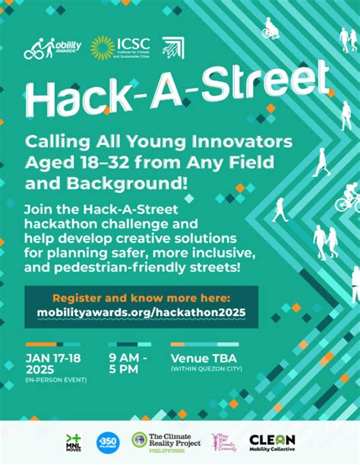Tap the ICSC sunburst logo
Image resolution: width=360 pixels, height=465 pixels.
(x=103, y=48)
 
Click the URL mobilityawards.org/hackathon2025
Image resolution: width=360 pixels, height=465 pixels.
(x=141, y=312)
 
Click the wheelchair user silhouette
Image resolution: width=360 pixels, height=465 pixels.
(x=270, y=30)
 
